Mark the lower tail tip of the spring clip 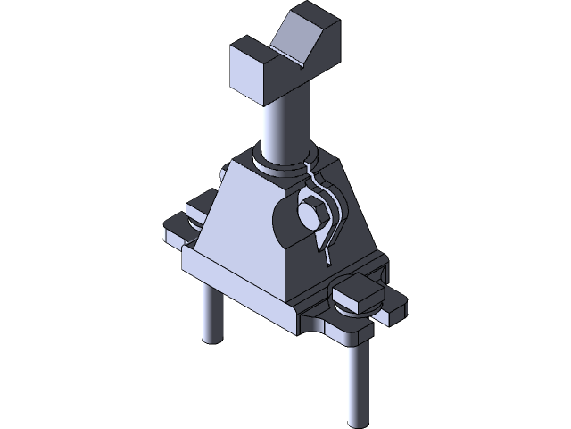(x=327, y=261)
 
